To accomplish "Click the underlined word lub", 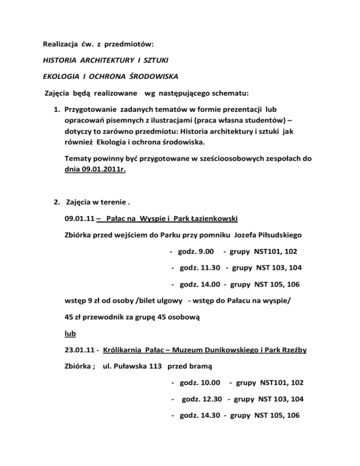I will coord(70,333).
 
